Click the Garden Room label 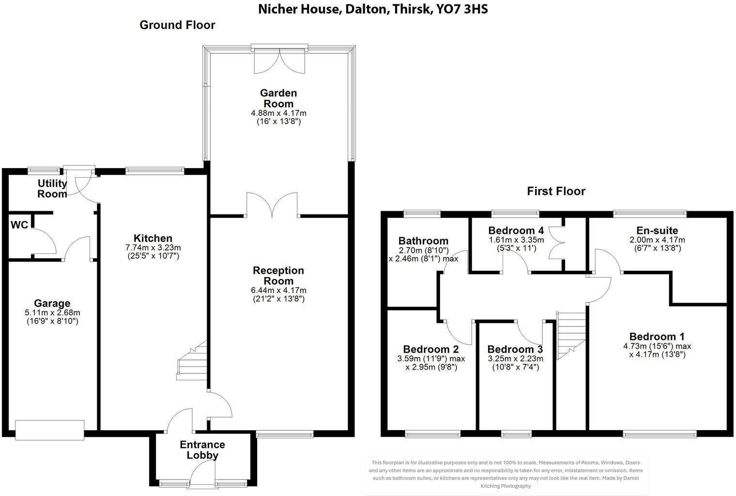click(278, 98)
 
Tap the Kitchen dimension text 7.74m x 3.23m click(153, 248)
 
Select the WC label click(19, 225)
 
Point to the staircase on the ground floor click(193, 361)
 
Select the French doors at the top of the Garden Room click(279, 61)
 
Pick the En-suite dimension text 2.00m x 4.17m click(657, 240)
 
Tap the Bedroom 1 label click(657, 337)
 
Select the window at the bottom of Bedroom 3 click(516, 434)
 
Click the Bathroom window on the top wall click(422, 212)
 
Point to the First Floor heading click(556, 191)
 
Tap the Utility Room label click(52, 189)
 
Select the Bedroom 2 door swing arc click(458, 332)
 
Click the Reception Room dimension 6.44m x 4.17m click(278, 290)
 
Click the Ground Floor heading click(177, 25)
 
